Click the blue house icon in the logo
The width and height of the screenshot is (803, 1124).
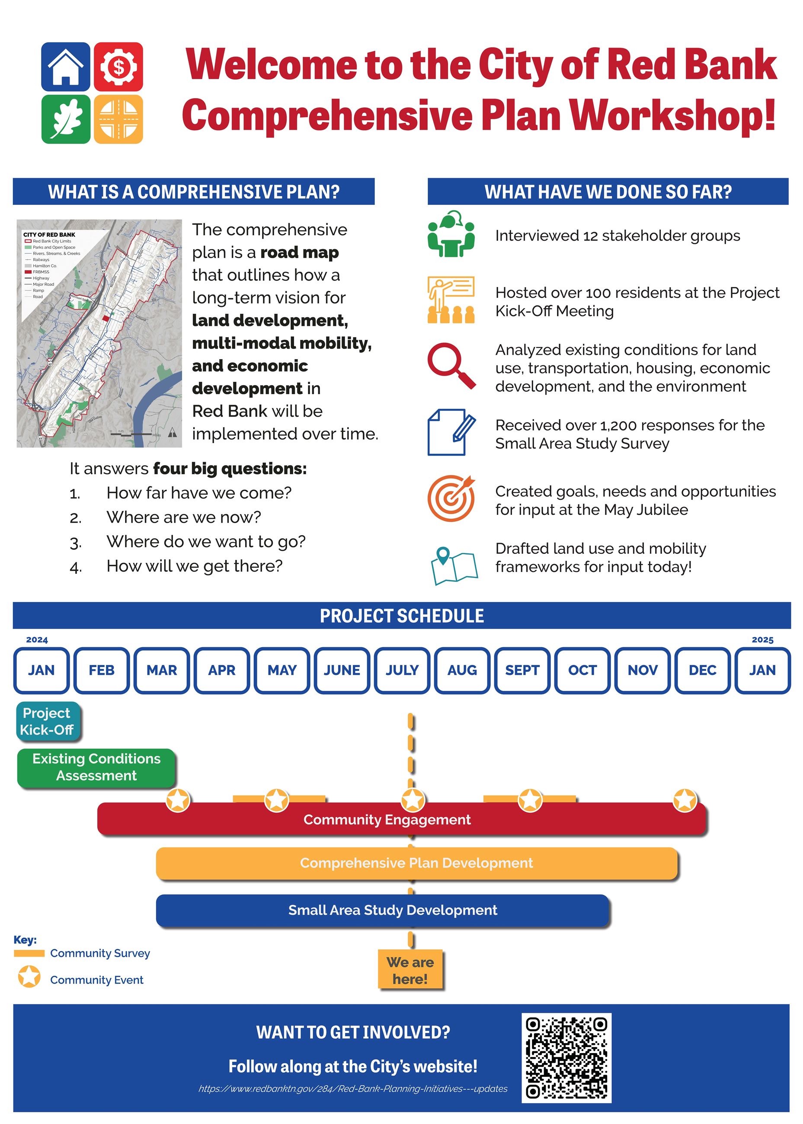(65, 67)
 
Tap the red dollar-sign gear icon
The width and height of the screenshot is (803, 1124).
(118, 67)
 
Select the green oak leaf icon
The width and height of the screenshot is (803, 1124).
(65, 119)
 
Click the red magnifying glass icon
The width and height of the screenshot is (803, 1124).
(451, 365)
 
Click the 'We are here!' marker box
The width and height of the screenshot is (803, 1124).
(410, 970)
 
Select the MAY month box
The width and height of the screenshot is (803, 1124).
(282, 670)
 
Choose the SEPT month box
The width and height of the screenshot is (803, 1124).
(522, 670)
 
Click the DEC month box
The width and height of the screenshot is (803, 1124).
(702, 670)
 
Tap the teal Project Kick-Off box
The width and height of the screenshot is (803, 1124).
(47, 721)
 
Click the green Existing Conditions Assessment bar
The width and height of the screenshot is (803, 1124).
(96, 767)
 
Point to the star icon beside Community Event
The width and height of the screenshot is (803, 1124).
(29, 976)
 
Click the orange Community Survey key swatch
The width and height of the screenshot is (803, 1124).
(29, 953)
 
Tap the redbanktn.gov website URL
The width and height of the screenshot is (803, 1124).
(352, 1089)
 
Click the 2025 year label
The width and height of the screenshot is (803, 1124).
(762, 640)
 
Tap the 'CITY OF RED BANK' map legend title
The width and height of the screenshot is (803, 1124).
(49, 234)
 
